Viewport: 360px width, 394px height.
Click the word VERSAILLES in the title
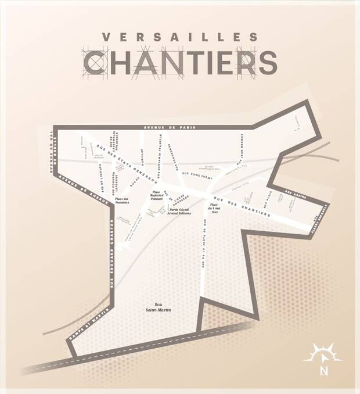[179, 37]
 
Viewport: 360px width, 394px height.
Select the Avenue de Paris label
[168, 127]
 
